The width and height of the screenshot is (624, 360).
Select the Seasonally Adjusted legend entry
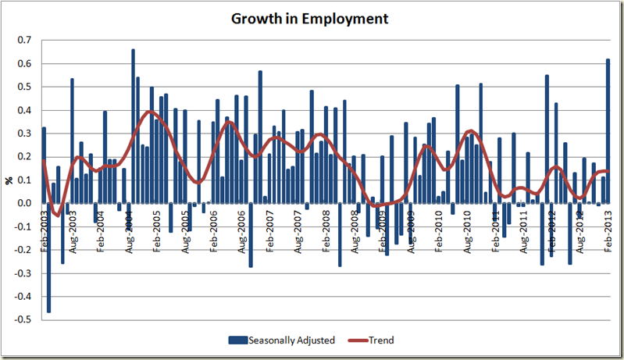click(x=291, y=340)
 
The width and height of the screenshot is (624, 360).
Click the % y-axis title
click(x=9, y=180)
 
